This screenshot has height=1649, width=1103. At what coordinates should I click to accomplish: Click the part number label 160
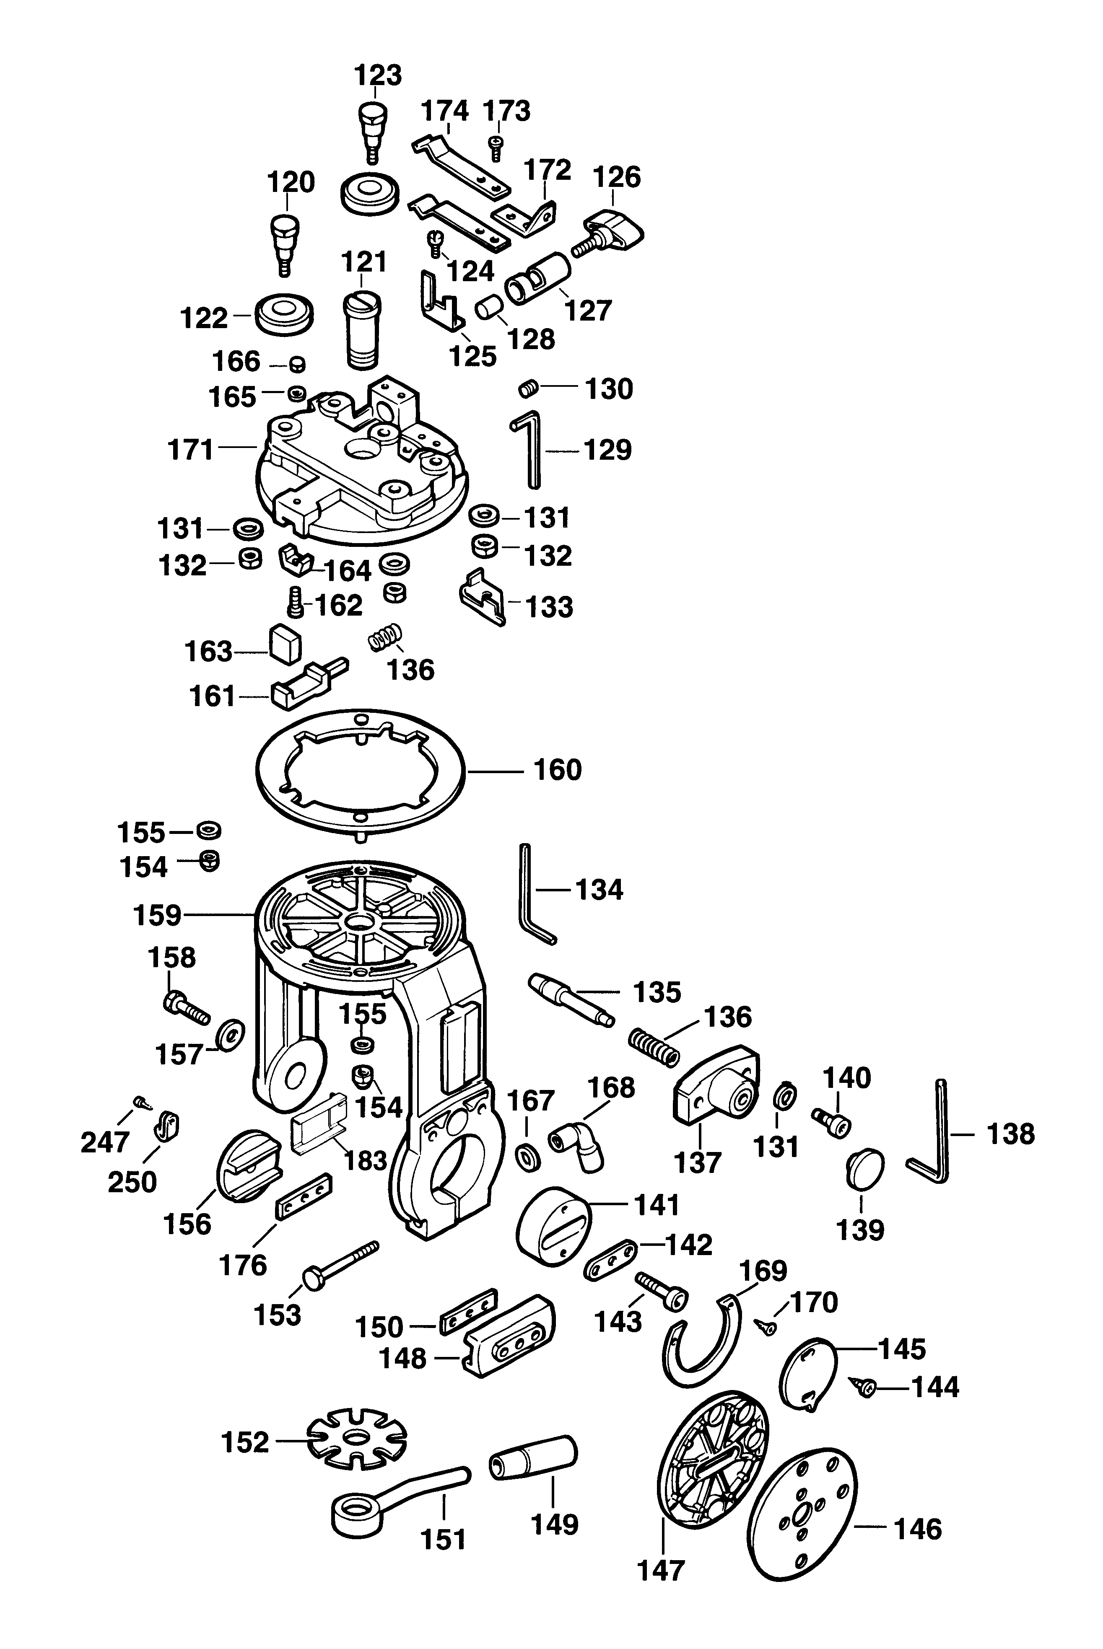[558, 770]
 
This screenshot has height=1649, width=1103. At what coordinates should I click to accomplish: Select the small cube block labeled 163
[285, 641]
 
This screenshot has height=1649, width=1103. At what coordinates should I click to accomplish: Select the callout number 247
[106, 1143]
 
